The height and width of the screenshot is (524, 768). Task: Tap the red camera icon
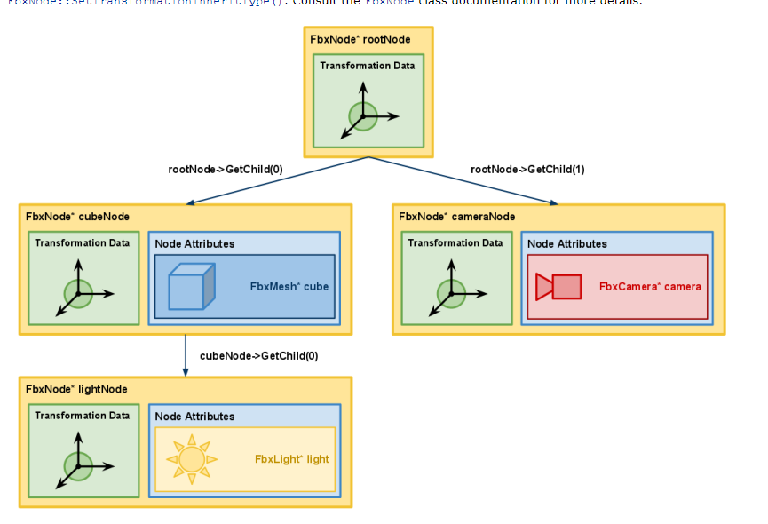click(x=558, y=287)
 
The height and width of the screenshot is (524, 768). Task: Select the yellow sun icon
click(x=192, y=459)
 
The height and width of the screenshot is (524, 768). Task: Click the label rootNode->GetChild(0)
click(x=226, y=169)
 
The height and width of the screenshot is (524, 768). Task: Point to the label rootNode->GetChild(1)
click(x=527, y=169)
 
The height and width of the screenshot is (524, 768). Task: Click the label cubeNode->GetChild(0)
click(x=258, y=355)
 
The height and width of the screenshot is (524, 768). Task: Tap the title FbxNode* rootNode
click(x=360, y=40)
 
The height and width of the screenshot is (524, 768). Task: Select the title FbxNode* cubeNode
click(x=77, y=217)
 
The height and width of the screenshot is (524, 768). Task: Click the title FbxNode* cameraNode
click(x=456, y=217)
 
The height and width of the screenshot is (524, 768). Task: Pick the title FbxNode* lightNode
click(x=76, y=389)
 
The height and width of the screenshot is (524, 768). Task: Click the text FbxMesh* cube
click(x=290, y=287)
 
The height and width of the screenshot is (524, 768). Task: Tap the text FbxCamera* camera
click(x=650, y=287)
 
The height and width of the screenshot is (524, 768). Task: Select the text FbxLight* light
click(x=291, y=459)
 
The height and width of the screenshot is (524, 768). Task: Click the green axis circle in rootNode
click(x=362, y=115)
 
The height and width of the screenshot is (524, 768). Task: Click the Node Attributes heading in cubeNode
click(x=194, y=243)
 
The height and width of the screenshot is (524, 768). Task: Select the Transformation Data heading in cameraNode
click(x=455, y=242)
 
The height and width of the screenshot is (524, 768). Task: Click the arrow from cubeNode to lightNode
click(x=185, y=355)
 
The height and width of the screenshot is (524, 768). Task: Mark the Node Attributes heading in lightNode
click(x=194, y=416)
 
